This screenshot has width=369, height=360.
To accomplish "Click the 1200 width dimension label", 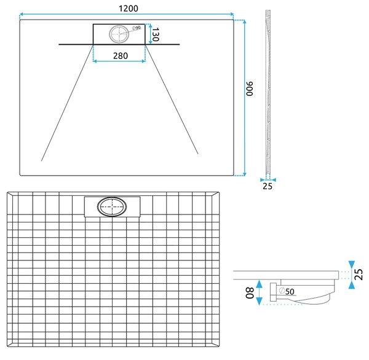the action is [129, 9].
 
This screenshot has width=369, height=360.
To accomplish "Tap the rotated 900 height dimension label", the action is [250, 88].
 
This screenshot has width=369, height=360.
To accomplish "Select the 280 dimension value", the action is [121, 56].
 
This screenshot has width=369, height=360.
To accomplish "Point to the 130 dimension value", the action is [156, 34].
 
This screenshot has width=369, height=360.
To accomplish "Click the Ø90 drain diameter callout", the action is [137, 28].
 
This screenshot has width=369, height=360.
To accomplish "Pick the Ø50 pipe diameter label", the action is [287, 291].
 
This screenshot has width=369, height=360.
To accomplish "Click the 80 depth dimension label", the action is [250, 293].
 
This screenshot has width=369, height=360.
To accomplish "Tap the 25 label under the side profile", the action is [268, 186].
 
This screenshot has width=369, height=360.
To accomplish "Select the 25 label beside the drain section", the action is [359, 275].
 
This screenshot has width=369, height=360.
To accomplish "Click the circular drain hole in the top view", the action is [119, 34].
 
